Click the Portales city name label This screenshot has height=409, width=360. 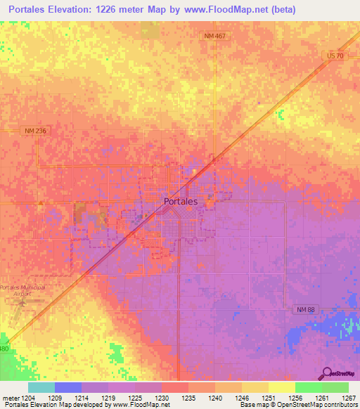pos(180,201)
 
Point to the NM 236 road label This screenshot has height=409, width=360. pos(34,131)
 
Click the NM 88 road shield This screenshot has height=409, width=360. pos(304,309)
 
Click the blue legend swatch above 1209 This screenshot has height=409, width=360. pos(67,387)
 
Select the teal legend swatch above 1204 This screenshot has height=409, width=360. pos(41,387)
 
